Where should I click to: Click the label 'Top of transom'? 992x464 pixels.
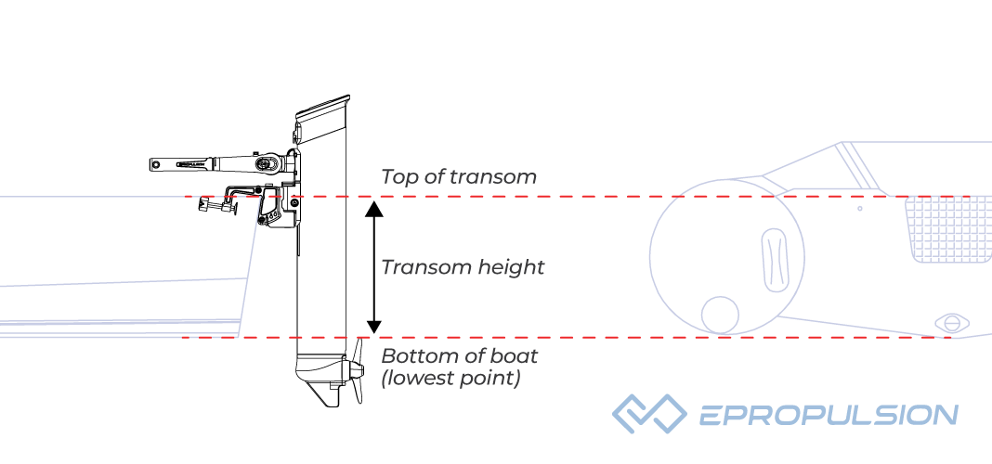(458, 177)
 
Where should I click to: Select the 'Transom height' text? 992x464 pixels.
(463, 267)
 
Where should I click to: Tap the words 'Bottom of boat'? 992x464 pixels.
(460, 355)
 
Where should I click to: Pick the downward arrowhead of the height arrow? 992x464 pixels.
(373, 326)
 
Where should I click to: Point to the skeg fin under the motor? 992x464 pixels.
(327, 397)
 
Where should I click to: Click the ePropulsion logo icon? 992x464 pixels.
(647, 414)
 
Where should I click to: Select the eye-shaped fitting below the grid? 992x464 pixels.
(951, 323)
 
